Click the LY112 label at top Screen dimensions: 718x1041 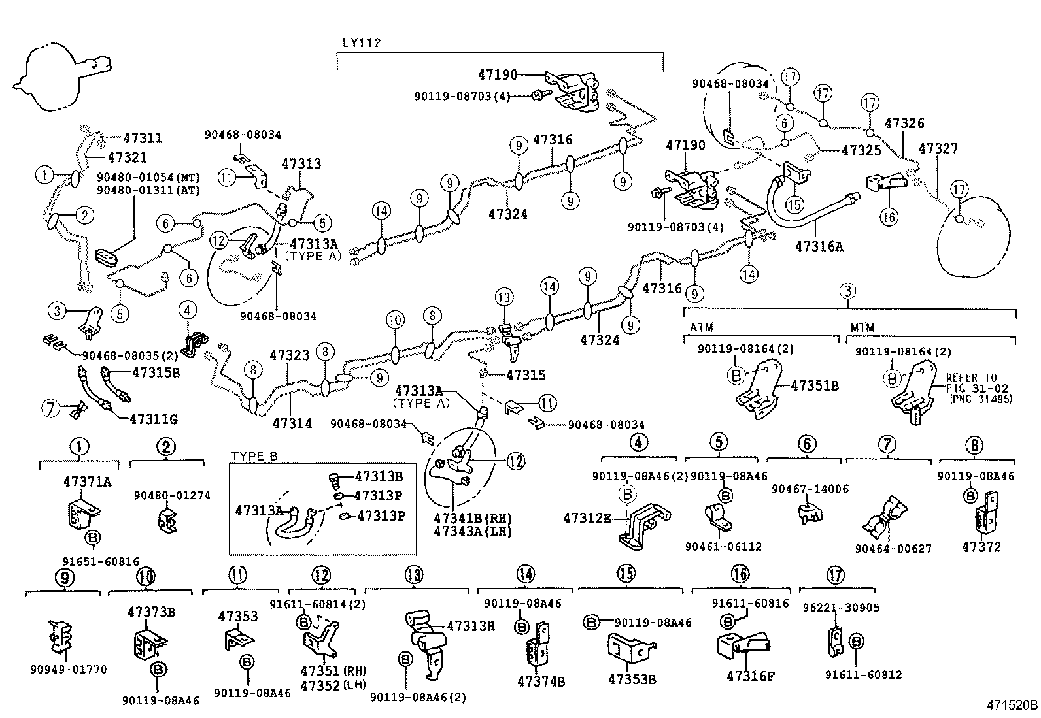pyautogui.click(x=361, y=43)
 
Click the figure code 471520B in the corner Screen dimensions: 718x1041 pyautogui.click(x=1012, y=706)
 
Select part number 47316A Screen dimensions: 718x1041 pyautogui.click(x=819, y=246)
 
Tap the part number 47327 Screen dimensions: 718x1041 pyautogui.click(x=938, y=148)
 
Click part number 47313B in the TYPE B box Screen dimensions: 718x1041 pyautogui.click(x=379, y=477)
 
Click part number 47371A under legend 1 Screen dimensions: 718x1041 pyautogui.click(x=87, y=482)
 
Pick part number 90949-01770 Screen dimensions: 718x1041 pyautogui.click(x=68, y=670)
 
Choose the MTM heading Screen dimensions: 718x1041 pyautogui.click(x=862, y=327)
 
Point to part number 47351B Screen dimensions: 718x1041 pyautogui.click(x=814, y=385)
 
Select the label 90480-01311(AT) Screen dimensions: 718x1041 pyautogui.click(x=148, y=190)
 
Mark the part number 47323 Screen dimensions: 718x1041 pyautogui.click(x=289, y=355)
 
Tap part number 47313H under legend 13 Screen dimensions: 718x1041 pyautogui.click(x=470, y=626)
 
